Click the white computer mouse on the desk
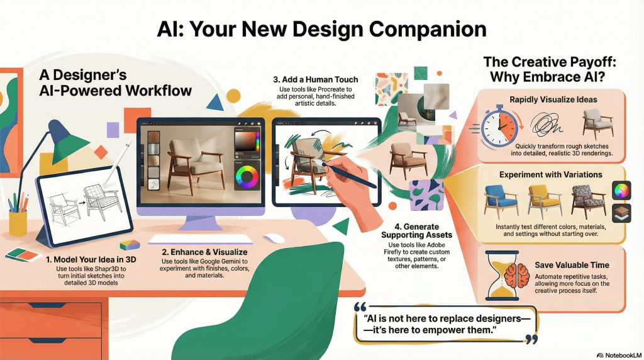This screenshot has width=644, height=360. point(274,239)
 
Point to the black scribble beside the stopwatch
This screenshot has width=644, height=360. point(547,123)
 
